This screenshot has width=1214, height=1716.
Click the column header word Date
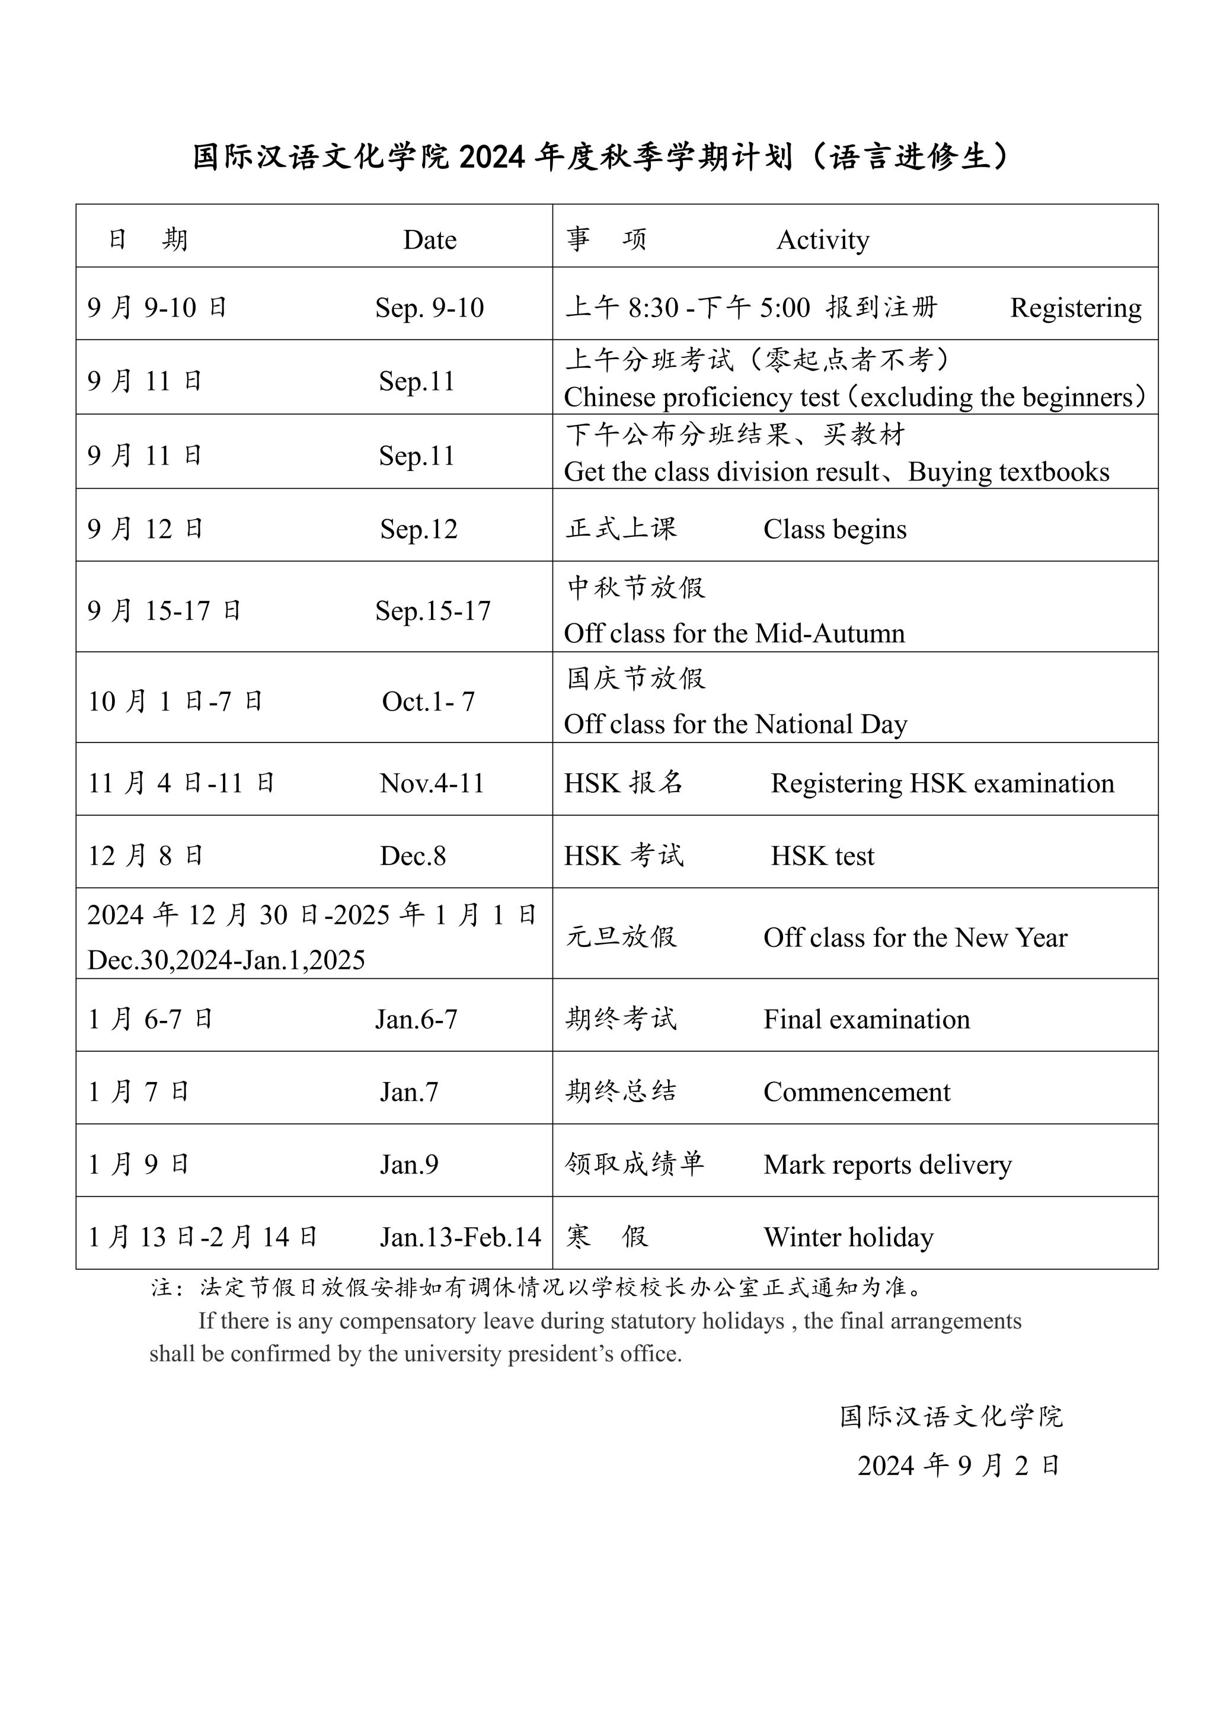tap(429, 240)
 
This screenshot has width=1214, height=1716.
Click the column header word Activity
tap(822, 240)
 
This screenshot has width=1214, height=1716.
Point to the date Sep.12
tap(418, 529)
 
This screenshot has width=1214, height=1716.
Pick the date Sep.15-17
tap(433, 611)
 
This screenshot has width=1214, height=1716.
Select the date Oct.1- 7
tap(429, 702)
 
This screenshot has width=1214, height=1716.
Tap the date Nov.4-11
tap(432, 783)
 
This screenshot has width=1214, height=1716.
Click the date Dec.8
tap(413, 856)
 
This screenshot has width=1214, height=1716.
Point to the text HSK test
tap(822, 856)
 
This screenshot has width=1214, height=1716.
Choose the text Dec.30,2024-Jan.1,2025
tap(226, 961)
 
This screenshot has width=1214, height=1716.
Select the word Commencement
tap(856, 1092)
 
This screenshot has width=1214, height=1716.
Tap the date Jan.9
tap(409, 1164)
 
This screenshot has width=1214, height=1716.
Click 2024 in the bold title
tap(492, 158)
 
